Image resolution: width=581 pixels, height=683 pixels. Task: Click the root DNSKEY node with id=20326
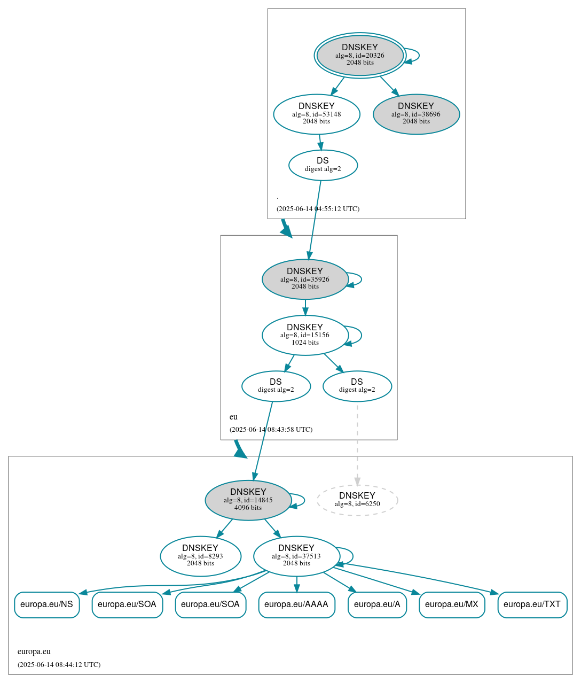tap(360, 55)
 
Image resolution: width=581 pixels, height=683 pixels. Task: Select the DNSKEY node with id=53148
tap(317, 114)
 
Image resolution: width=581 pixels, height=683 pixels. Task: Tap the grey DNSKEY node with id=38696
tap(416, 114)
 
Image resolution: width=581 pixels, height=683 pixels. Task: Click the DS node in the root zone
tap(323, 165)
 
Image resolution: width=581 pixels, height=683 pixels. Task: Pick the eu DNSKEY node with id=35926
tap(305, 279)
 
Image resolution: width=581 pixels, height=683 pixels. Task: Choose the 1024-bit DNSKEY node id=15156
tap(305, 335)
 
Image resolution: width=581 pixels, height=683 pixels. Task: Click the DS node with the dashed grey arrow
tap(357, 386)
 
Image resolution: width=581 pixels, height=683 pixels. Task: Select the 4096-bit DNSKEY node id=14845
tap(248, 500)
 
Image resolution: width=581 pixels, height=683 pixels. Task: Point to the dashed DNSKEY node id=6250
tap(357, 500)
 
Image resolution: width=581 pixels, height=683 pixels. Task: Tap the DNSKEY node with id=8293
tap(200, 556)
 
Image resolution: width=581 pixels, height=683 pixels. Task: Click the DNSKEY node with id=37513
tap(296, 556)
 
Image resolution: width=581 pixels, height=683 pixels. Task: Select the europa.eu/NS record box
tap(46, 604)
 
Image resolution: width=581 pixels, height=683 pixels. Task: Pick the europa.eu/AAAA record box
tap(296, 604)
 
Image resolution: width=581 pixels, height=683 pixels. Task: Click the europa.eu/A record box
tap(377, 604)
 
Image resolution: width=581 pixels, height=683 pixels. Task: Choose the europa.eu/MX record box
tap(452, 604)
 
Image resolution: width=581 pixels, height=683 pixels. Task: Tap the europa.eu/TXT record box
tap(532, 604)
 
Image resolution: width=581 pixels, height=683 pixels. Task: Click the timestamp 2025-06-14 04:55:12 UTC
tap(318, 209)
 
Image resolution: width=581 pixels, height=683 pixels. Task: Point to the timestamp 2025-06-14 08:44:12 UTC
tap(59, 665)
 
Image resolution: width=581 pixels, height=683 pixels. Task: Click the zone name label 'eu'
tap(233, 417)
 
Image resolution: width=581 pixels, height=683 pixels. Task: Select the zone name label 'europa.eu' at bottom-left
tap(34, 651)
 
